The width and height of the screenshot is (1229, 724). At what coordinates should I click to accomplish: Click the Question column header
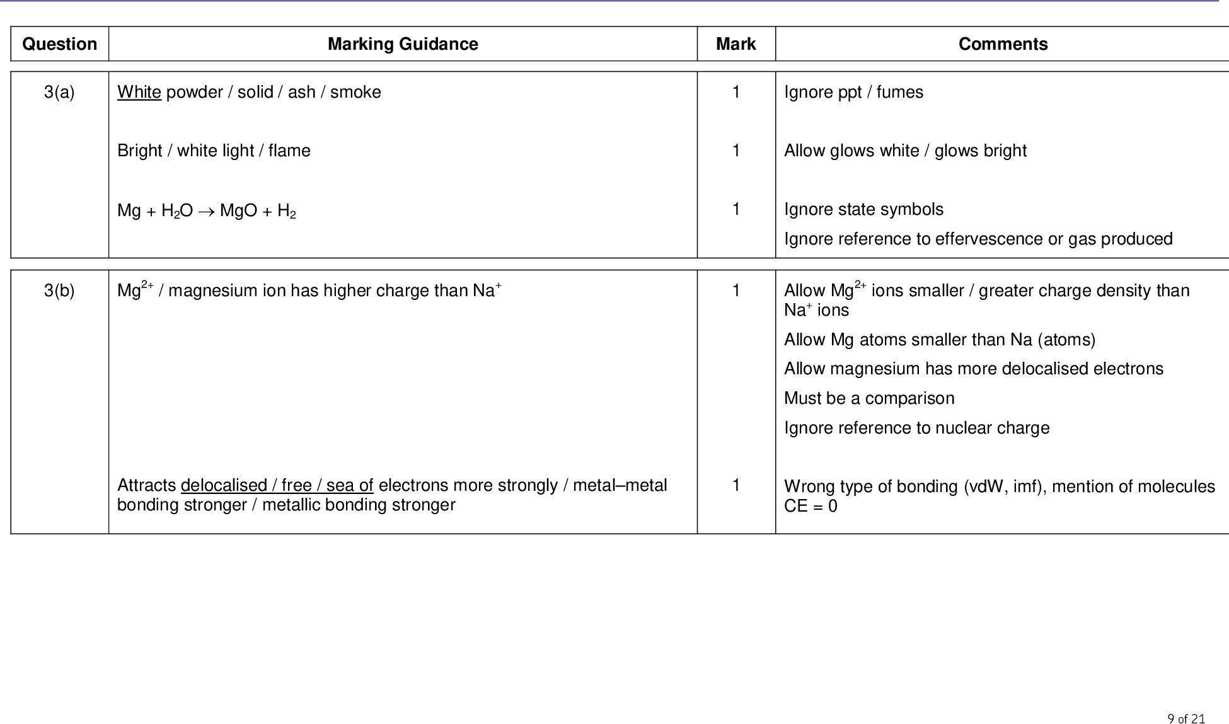point(59,44)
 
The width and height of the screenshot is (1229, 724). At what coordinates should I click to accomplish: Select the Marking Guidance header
point(403,44)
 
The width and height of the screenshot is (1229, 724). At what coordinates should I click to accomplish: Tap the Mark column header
point(736,44)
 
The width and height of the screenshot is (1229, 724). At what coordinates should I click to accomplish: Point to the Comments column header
point(1003,44)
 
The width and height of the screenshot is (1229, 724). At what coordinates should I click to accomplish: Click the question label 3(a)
point(59,93)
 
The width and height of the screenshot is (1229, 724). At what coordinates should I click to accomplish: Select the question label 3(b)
point(59,290)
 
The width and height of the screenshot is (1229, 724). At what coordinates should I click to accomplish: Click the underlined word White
point(139,93)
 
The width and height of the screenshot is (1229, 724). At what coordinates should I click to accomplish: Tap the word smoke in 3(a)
point(355,93)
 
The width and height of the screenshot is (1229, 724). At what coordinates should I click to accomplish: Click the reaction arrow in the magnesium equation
point(206,211)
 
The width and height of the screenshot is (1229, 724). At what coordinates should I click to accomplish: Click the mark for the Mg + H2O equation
point(736,209)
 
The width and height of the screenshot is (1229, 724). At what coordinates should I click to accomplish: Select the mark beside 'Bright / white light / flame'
point(736,151)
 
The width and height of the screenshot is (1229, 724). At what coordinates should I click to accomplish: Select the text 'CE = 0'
point(811,507)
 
